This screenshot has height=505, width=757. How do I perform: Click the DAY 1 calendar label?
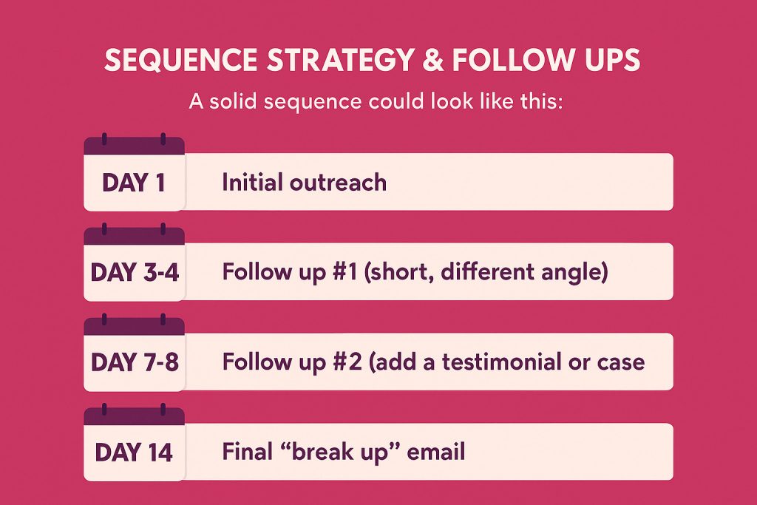click(x=133, y=183)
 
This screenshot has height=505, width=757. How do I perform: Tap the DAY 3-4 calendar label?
click(x=134, y=273)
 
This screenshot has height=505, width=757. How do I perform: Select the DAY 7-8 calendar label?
click(x=134, y=362)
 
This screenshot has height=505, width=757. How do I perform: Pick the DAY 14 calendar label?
click(x=134, y=453)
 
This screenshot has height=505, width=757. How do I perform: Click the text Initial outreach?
click(x=304, y=183)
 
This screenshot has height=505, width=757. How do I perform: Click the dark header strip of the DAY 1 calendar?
click(x=134, y=146)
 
